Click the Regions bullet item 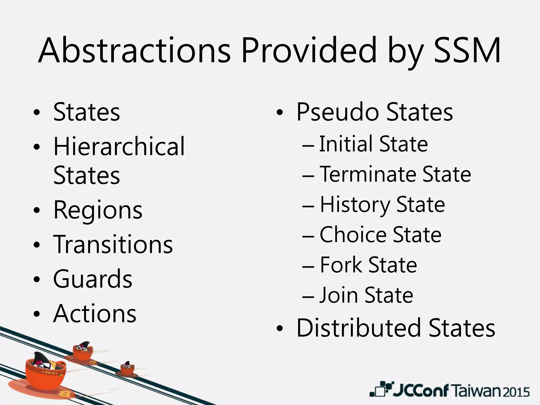tap(98, 210)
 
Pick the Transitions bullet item tap(113, 244)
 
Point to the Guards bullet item tap(93, 279)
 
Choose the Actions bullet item tap(95, 314)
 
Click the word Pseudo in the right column tap(338, 112)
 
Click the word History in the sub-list tap(355, 205)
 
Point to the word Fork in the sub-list tap(340, 265)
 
